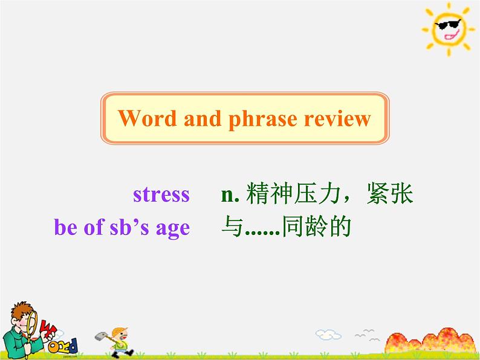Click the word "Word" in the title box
tap(148, 118)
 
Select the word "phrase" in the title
tap(263, 120)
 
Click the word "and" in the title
tap(203, 118)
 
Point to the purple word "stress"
tap(161, 194)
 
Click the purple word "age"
tap(173, 229)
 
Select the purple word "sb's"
tap(129, 227)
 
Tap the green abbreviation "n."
tap(230, 195)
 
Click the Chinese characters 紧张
tap(390, 193)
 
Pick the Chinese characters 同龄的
tap(316, 227)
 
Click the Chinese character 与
tap(232, 227)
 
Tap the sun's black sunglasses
tap(448, 25)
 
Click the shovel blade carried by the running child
tap(100, 336)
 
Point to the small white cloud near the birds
tap(328, 334)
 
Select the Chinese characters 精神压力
tap(293, 193)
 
